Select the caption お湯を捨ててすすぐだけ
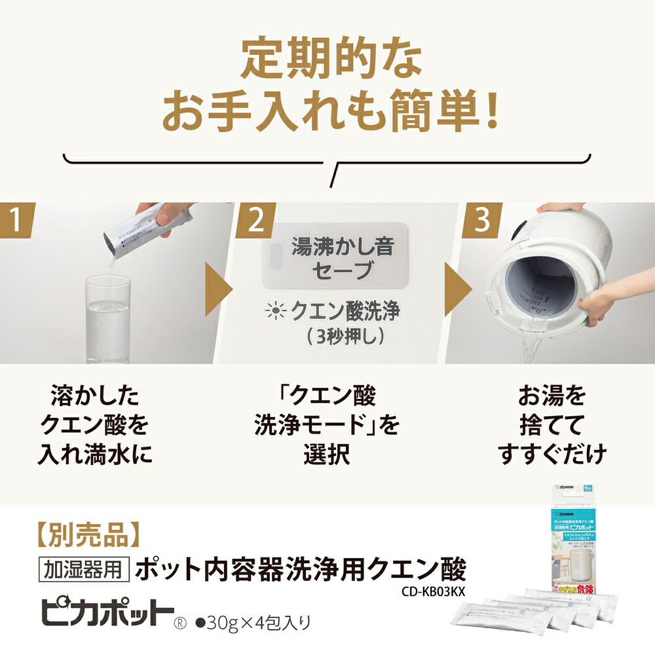(552, 426)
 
